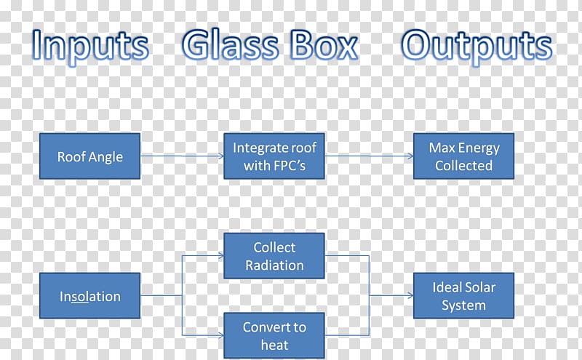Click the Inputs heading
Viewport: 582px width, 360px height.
(x=90, y=46)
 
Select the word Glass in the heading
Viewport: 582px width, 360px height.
(x=230, y=44)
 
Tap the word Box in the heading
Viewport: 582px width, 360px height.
(x=324, y=44)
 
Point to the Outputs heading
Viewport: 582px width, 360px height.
(x=477, y=47)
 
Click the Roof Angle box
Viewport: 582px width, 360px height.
(x=89, y=156)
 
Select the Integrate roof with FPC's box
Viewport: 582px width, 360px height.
(x=274, y=156)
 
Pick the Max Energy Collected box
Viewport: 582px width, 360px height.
(x=464, y=156)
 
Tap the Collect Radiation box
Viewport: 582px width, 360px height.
(x=274, y=256)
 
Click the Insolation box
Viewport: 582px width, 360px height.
(x=89, y=296)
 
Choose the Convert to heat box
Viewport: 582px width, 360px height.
(x=274, y=335)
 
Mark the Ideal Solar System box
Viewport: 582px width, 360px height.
(x=464, y=296)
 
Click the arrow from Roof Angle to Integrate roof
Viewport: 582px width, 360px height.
(x=182, y=156)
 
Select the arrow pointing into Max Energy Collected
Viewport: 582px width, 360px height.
(x=370, y=156)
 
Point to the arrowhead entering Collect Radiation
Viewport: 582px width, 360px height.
(x=221, y=256)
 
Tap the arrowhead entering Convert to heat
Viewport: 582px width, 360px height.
(x=221, y=335)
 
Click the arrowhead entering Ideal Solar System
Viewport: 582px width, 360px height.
(x=410, y=296)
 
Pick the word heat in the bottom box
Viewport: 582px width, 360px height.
(x=275, y=345)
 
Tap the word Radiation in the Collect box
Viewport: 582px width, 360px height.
(x=275, y=265)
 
